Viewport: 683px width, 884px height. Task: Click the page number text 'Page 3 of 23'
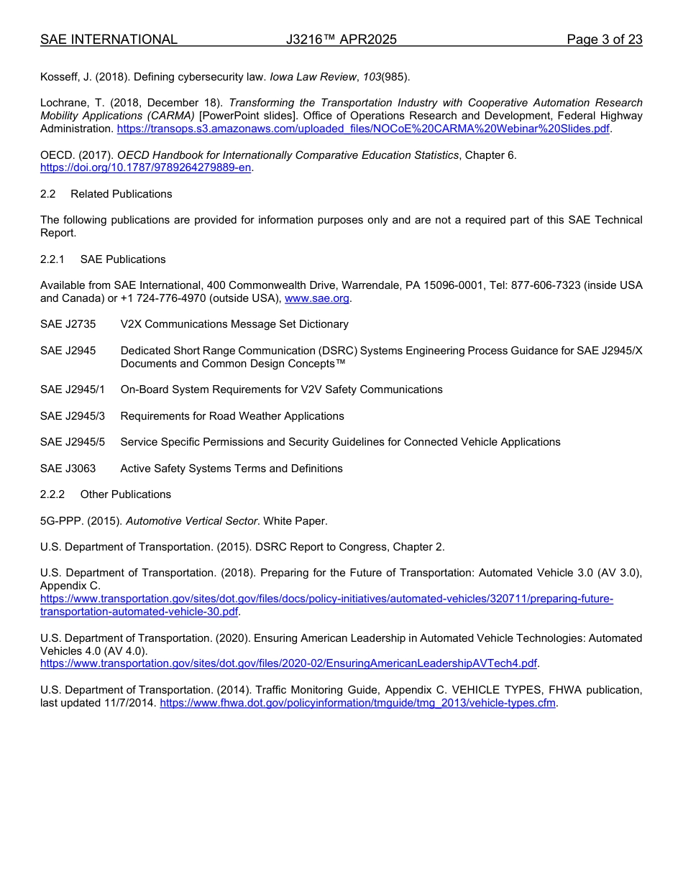604,40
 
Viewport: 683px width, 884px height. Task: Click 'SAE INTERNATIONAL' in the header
109,40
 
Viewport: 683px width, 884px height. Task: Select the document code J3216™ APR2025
341,40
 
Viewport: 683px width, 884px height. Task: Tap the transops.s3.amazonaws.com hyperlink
363,129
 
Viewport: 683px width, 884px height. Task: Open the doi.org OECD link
146,168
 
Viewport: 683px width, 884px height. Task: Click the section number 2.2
49,194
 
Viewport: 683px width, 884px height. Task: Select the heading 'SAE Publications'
123,259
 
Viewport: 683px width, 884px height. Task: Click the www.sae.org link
317,298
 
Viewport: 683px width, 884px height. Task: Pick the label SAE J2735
68,324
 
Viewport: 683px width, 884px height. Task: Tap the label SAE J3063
68,469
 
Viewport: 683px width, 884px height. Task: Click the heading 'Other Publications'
126,494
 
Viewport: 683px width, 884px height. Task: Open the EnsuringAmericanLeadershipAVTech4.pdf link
289,663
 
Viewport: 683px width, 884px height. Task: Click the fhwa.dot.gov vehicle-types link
357,703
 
